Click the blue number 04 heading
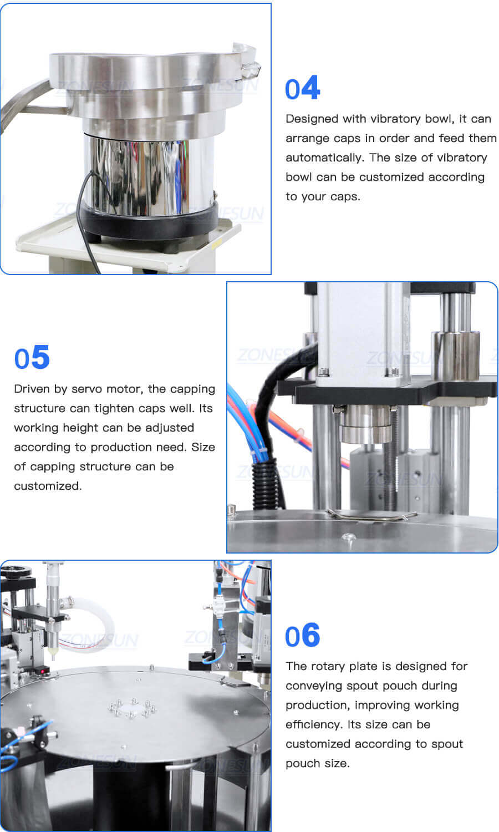302,89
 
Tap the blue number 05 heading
32,358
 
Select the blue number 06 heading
302,636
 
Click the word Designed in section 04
312,119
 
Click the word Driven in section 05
32,389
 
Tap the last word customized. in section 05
48,486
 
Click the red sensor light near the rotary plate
40,672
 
